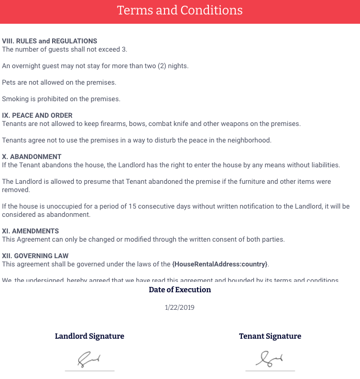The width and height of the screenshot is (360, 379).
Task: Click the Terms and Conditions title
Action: (179, 10)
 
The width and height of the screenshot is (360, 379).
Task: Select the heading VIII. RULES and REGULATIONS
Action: (50, 41)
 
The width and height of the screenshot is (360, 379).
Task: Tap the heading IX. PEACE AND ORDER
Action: (37, 115)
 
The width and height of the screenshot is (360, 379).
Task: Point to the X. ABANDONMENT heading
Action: (32, 156)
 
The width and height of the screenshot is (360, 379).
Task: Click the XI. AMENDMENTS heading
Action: (30, 231)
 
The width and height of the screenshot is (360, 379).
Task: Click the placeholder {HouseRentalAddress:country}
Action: (220, 264)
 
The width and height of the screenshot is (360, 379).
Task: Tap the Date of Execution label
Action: (179, 290)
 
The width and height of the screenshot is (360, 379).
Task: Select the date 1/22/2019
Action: (179, 307)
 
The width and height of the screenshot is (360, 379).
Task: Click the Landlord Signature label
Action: (90, 336)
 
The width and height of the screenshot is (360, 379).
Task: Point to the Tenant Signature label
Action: (270, 336)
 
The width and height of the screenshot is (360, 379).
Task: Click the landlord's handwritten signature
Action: (89, 359)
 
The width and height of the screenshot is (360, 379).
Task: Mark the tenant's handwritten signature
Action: (270, 359)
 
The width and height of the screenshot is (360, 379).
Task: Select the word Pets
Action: (9, 82)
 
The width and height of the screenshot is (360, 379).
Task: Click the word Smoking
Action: (14, 99)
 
